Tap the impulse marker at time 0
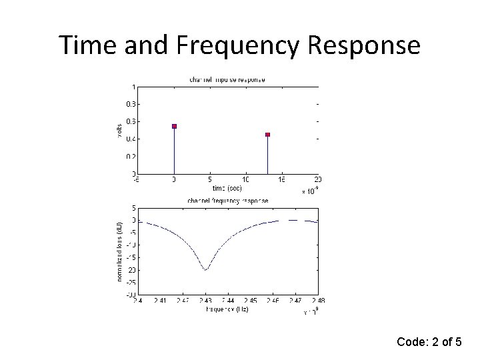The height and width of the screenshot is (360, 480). (x=174, y=126)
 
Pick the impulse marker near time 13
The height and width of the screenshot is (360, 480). (x=267, y=135)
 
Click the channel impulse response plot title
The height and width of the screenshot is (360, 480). (x=227, y=79)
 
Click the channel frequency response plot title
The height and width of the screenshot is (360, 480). (x=227, y=200)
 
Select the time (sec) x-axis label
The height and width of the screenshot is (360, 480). (x=227, y=187)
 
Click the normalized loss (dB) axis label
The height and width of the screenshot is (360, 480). (x=119, y=250)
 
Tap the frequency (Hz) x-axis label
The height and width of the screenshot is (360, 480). (x=227, y=309)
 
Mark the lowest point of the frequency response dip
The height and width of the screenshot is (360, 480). (x=205, y=270)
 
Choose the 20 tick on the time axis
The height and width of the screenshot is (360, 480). (x=318, y=179)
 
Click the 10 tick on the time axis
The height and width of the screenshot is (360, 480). (x=246, y=179)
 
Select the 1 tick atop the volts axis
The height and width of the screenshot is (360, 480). (x=134, y=87)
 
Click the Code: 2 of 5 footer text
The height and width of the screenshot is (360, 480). (x=429, y=343)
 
